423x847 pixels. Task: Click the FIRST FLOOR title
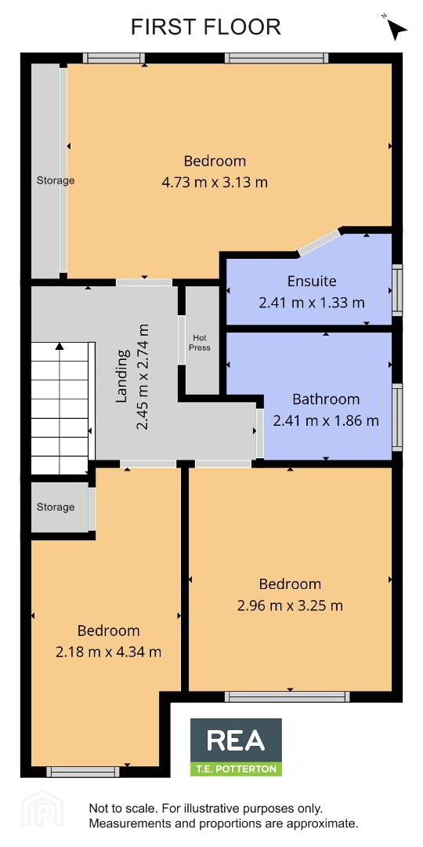(x=205, y=27)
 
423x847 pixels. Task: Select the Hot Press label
(x=199, y=343)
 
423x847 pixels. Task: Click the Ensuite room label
(x=311, y=282)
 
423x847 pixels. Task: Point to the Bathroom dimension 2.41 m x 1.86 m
(x=326, y=420)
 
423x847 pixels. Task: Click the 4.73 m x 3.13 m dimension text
(x=215, y=182)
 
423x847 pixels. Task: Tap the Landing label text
(x=124, y=376)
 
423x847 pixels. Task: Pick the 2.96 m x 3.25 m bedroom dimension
(x=290, y=605)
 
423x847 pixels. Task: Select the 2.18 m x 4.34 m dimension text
(x=108, y=652)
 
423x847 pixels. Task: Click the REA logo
(x=236, y=740)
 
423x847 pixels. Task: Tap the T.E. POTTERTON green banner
(x=236, y=769)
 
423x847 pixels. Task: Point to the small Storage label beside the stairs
(x=56, y=507)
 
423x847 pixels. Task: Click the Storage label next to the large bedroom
(x=56, y=180)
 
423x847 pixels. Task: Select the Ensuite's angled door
(x=320, y=242)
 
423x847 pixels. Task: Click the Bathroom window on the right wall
(x=398, y=417)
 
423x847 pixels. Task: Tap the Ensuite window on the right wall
(x=398, y=290)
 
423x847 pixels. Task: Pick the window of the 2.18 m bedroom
(x=82, y=772)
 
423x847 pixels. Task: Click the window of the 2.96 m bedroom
(x=287, y=697)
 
